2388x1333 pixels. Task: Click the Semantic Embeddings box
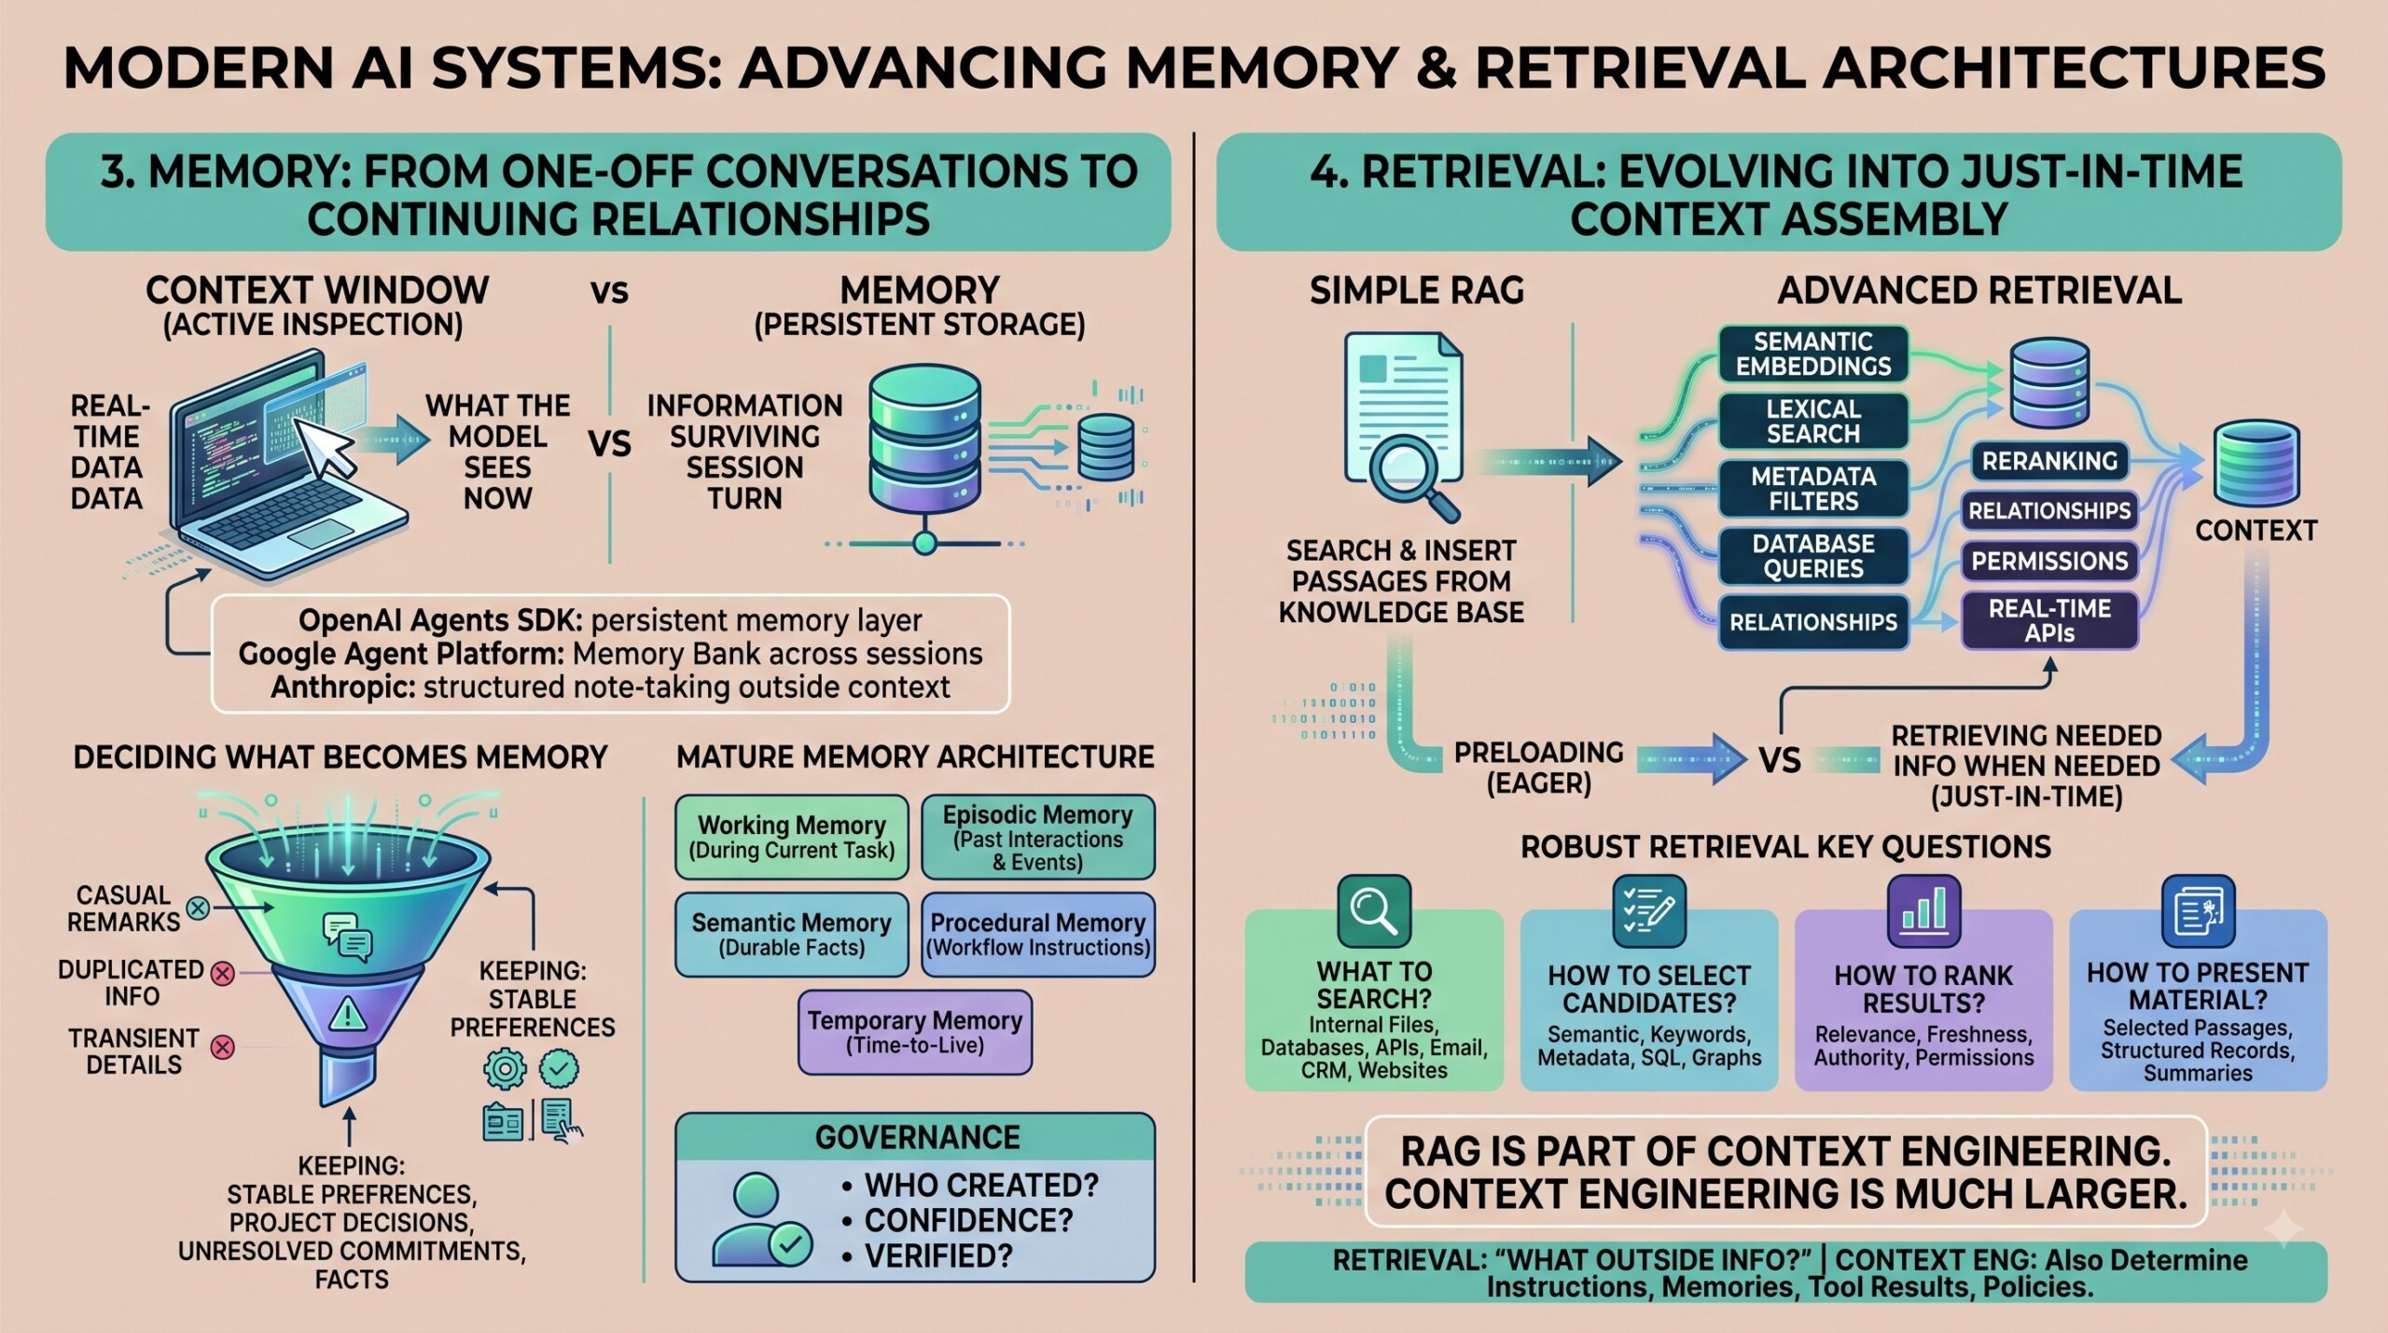(1812, 354)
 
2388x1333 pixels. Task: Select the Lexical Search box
(1812, 421)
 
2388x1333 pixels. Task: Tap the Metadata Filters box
(1812, 488)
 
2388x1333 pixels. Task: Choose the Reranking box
(2049, 461)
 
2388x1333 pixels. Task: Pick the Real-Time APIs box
(2049, 620)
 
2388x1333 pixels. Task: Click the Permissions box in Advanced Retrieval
(2049, 561)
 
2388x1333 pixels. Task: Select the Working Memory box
(791, 837)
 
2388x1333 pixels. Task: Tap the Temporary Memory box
(915, 1032)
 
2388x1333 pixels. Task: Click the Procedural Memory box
(1038, 935)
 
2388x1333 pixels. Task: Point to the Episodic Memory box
(1038, 837)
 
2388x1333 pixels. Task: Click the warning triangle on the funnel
(347, 1012)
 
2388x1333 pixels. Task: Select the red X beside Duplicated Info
(222, 975)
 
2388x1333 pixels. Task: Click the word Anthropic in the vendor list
(341, 687)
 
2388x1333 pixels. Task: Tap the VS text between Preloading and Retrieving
(1780, 761)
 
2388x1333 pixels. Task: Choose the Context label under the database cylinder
(2256, 531)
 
